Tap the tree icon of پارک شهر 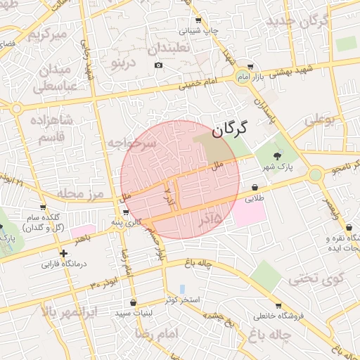point(275,156)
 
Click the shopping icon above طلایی point(254,187)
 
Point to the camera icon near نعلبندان point(158,65)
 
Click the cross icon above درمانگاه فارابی point(64,253)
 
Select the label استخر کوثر point(183,300)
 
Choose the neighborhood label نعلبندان point(169,47)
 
